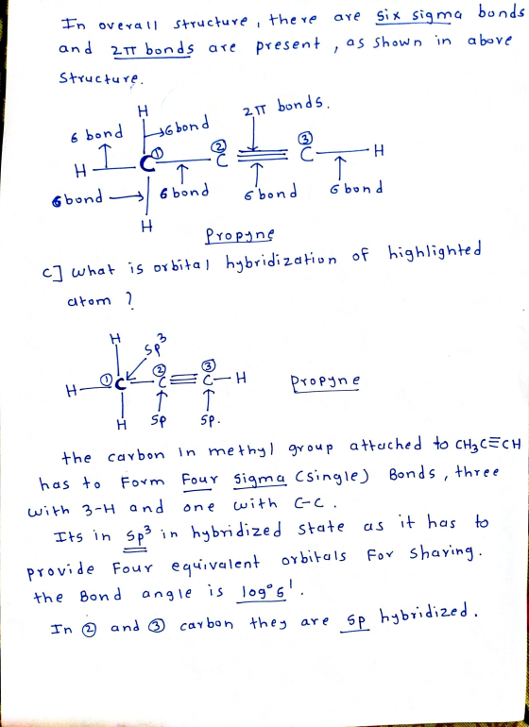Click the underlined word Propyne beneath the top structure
pos(239,235)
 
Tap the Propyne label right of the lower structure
pos(325,383)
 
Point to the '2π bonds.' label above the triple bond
pos(285,108)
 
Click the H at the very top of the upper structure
pos(143,110)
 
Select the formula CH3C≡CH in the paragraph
pos(484,446)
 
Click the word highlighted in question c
pos(435,253)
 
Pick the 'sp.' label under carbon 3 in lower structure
pos(211,420)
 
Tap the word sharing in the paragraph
pos(441,554)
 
